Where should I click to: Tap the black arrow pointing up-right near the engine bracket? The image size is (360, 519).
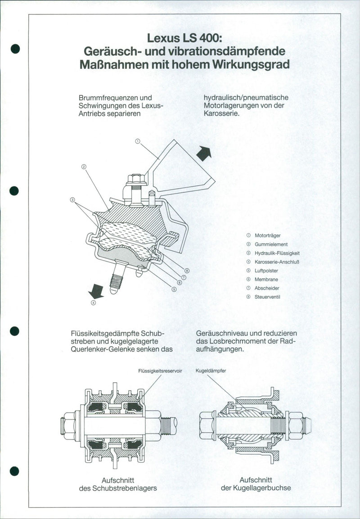pyautogui.click(x=204, y=153)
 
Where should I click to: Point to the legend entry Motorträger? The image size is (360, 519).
pyautogui.click(x=268, y=235)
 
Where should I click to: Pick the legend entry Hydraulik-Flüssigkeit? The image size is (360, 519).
pyautogui.click(x=277, y=253)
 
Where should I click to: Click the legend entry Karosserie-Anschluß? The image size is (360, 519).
pyautogui.click(x=277, y=262)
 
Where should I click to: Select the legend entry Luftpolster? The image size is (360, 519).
pyautogui.click(x=266, y=271)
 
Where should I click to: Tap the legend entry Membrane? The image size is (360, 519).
pyautogui.click(x=266, y=280)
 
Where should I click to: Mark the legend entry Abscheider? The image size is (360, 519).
pyautogui.click(x=267, y=288)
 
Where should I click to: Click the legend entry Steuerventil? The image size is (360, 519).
pyautogui.click(x=268, y=297)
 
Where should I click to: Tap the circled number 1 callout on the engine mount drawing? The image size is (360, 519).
pyautogui.click(x=138, y=141)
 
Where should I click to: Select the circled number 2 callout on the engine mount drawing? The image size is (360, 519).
pyautogui.click(x=84, y=167)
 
